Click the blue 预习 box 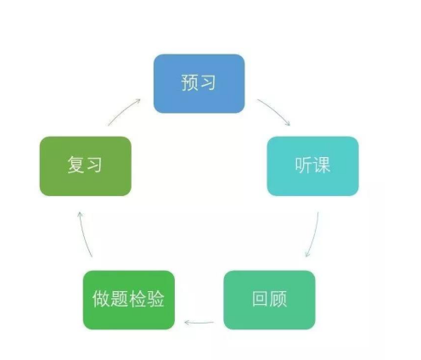(199, 83)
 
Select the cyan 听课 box (313, 166)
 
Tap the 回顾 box (269, 300)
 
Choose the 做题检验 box (129, 300)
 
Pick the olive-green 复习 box (86, 166)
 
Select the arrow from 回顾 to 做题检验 (199, 323)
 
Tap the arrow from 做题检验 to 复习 (84, 233)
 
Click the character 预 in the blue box (190, 82)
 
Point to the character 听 (304, 165)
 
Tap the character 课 (322, 165)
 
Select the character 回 (261, 299)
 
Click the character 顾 (278, 299)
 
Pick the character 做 (101, 299)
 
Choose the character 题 (119, 299)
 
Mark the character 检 (138, 299)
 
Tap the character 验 (155, 299)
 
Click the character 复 (76, 165)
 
